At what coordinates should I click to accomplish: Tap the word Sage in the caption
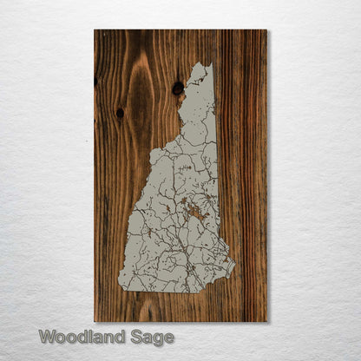coord(154,338)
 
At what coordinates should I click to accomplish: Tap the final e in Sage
coord(169,338)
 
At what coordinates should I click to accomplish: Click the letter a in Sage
coord(149,338)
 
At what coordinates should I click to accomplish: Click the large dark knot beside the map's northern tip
coord(178,88)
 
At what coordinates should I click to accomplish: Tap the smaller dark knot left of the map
coord(120,113)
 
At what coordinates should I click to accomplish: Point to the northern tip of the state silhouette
coord(202,63)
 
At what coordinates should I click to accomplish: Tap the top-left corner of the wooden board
coord(95,30)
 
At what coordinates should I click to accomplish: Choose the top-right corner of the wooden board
coord(266,30)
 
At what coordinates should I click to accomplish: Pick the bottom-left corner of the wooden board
coord(95,322)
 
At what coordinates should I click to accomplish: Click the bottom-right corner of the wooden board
coord(266,322)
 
